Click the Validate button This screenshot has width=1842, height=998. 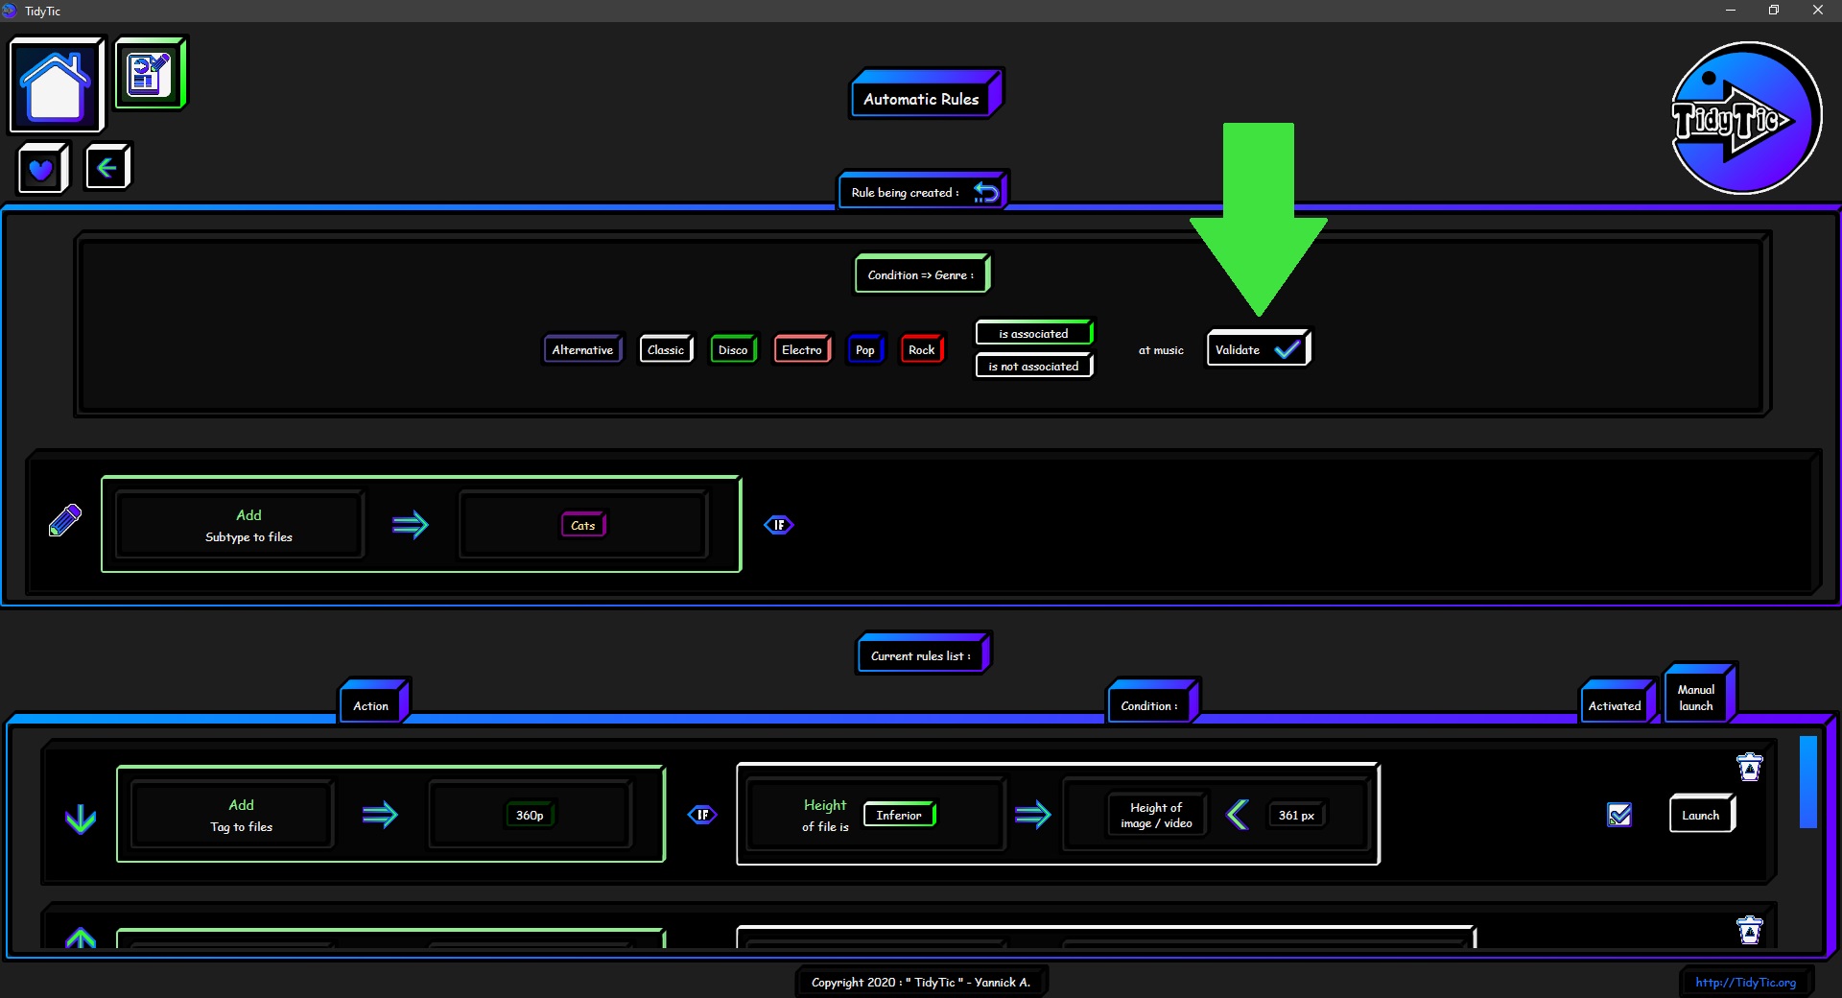click(x=1258, y=349)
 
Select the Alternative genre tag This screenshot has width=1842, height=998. click(x=582, y=349)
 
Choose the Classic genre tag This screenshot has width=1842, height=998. click(x=666, y=349)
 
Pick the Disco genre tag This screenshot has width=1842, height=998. click(x=733, y=349)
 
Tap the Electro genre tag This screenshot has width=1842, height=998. click(x=802, y=349)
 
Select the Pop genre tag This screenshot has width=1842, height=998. click(x=865, y=349)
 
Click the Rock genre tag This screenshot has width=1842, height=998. click(x=922, y=349)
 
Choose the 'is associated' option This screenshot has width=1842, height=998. click(x=1034, y=333)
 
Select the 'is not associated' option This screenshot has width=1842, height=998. click(x=1034, y=366)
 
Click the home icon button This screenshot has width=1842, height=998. click(x=56, y=84)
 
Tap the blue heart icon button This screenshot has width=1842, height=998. click(x=42, y=169)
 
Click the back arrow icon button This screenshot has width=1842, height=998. click(x=107, y=168)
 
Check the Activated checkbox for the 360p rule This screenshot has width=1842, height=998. click(x=1619, y=815)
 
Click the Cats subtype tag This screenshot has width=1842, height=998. click(x=583, y=525)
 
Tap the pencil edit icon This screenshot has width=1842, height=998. click(x=65, y=520)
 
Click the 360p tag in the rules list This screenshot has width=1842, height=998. click(x=530, y=815)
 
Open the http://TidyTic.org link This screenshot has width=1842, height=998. click(x=1745, y=982)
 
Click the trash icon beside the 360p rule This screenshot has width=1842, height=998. click(x=1750, y=767)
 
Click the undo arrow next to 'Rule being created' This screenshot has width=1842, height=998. click(x=986, y=192)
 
